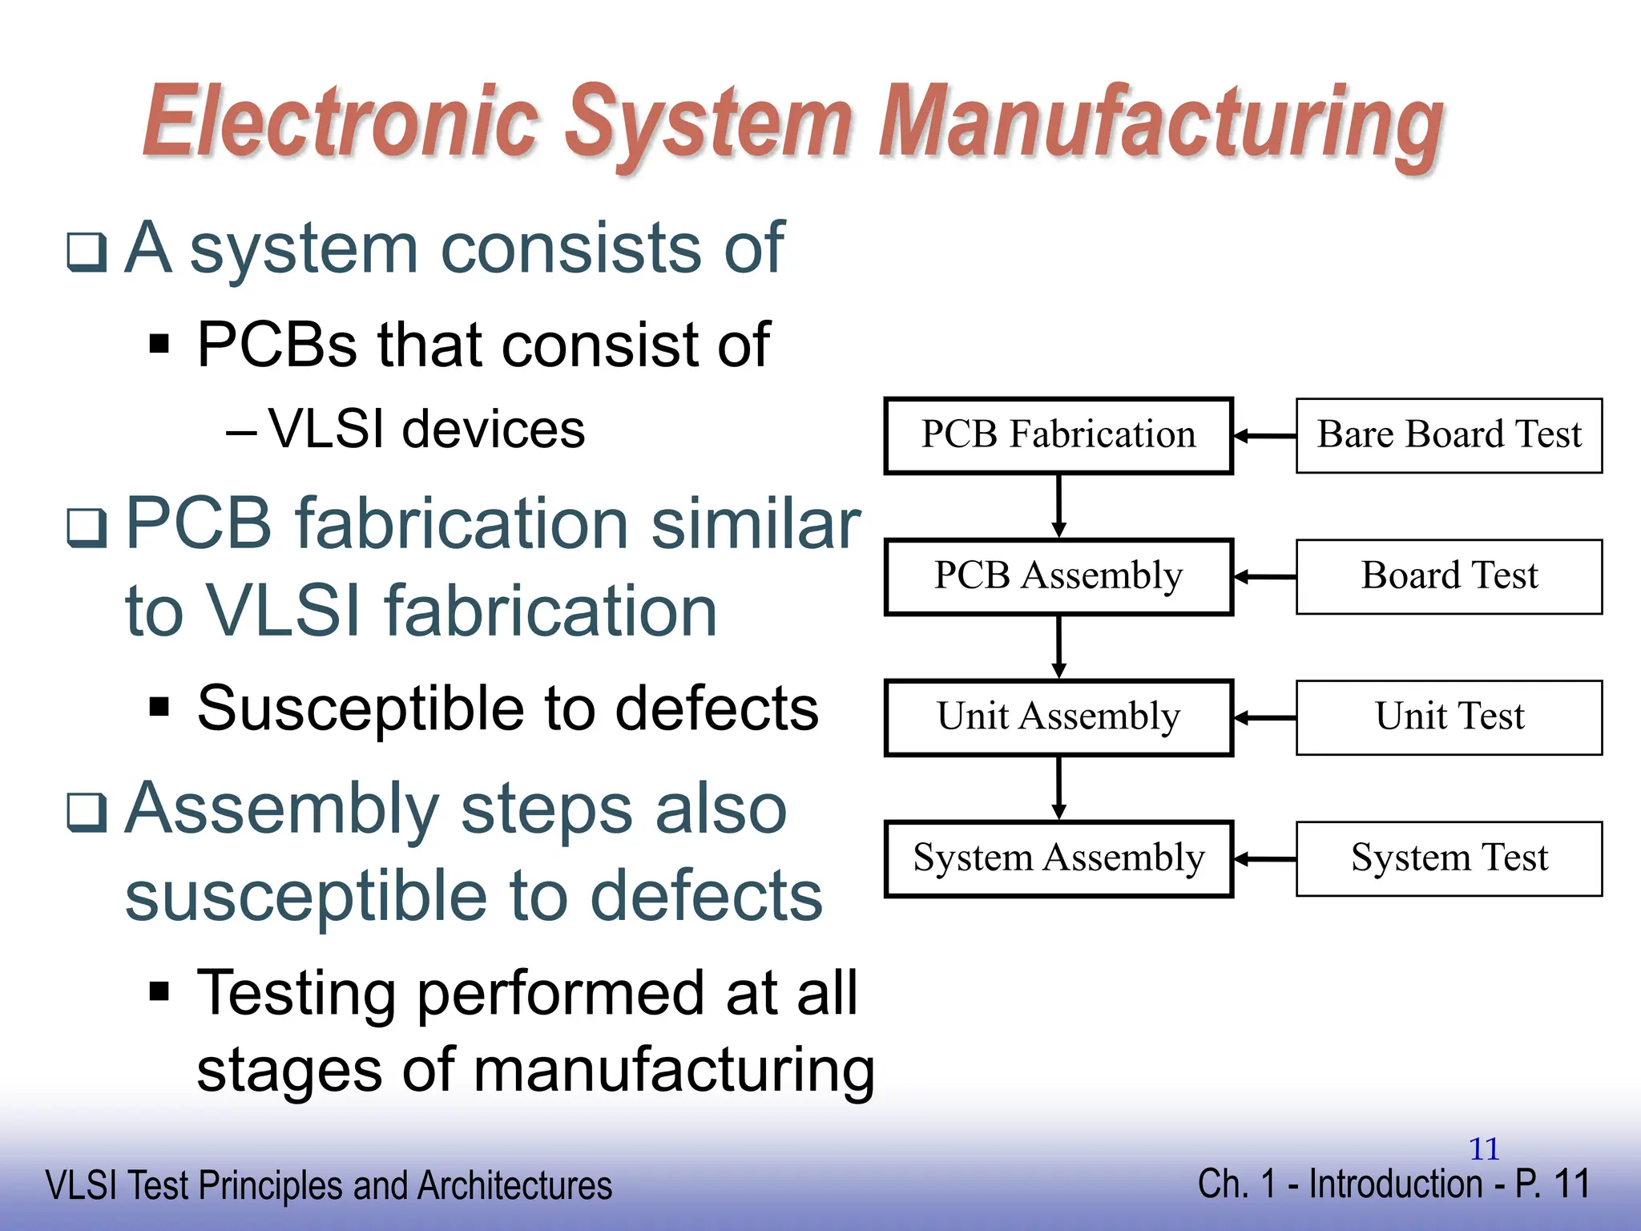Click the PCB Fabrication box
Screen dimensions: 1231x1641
coord(1058,435)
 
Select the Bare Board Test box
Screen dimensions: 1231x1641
coord(1449,435)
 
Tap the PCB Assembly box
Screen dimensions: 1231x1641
coord(1058,576)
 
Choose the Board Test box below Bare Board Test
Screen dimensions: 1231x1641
coord(1449,576)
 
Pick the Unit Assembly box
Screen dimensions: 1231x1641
coord(1058,717)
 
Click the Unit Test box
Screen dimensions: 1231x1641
coord(1449,717)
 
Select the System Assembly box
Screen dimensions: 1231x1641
coord(1058,858)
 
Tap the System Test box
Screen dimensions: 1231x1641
coord(1449,858)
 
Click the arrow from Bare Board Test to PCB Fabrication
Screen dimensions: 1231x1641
coord(1264,436)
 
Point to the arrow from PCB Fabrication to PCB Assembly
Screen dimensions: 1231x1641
coord(1058,506)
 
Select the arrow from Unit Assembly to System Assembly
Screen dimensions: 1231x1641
coord(1058,788)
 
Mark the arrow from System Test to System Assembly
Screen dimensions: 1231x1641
coord(1264,859)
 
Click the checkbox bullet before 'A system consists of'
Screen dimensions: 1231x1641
coord(87,252)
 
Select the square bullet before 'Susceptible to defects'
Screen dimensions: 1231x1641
coord(160,708)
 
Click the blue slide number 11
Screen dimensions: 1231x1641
coord(1484,1149)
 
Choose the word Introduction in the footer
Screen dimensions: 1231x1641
coord(1395,1184)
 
